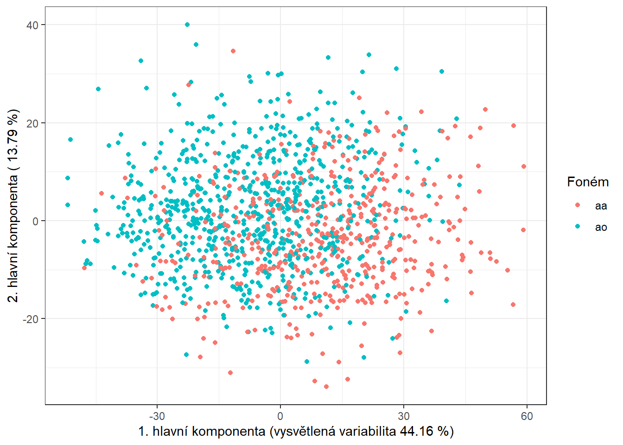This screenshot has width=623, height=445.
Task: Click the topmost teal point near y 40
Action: [x=187, y=25]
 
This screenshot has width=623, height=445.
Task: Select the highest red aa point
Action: [x=233, y=51]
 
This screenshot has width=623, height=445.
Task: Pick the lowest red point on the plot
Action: [x=326, y=387]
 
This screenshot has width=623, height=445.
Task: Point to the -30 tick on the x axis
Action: [x=157, y=416]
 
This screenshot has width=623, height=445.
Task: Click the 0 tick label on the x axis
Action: [x=280, y=416]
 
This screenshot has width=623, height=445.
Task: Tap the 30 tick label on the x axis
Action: [x=403, y=416]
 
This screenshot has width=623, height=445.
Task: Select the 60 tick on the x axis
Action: [x=527, y=416]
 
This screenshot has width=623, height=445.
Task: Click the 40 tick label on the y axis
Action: [x=32, y=25]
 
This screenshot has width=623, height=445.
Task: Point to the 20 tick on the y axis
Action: [x=32, y=123]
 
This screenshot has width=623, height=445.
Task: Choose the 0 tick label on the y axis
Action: [x=35, y=221]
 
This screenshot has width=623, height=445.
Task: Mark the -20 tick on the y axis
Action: [x=31, y=319]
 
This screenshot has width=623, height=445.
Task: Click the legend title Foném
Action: [x=588, y=182]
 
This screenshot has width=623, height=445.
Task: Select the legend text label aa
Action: [x=601, y=206]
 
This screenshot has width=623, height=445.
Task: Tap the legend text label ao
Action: [x=601, y=227]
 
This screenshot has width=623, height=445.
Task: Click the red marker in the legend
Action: [x=578, y=205]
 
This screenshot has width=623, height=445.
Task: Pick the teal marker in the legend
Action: [x=578, y=226]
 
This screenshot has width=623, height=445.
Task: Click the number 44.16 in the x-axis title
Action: [x=417, y=432]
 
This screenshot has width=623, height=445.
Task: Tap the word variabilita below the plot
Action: [x=368, y=432]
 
